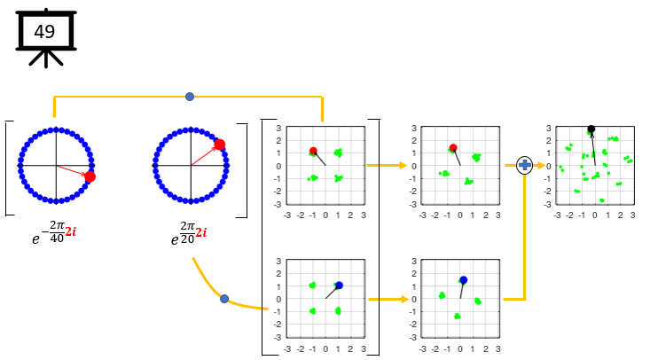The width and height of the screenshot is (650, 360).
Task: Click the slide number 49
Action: coord(44,32)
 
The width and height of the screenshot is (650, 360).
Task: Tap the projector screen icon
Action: coord(44,38)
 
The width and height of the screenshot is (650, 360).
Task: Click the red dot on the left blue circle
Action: coord(90,176)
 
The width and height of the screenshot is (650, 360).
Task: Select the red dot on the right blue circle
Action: coord(219,145)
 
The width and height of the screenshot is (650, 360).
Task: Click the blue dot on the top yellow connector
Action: coord(190,96)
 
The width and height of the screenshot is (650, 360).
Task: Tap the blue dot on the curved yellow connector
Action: coord(224,299)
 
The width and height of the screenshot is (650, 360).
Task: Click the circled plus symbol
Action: coord(524,165)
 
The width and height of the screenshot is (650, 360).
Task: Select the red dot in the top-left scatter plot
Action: coord(313,152)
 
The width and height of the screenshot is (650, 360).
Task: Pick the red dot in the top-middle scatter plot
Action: coord(453,148)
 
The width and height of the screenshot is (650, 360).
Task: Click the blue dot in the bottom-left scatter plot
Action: coord(339,286)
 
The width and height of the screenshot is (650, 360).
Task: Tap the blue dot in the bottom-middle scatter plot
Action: coord(463,279)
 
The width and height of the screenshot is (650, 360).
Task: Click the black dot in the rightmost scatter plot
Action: coord(591,129)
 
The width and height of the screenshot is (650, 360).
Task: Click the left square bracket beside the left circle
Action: coord(8,168)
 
